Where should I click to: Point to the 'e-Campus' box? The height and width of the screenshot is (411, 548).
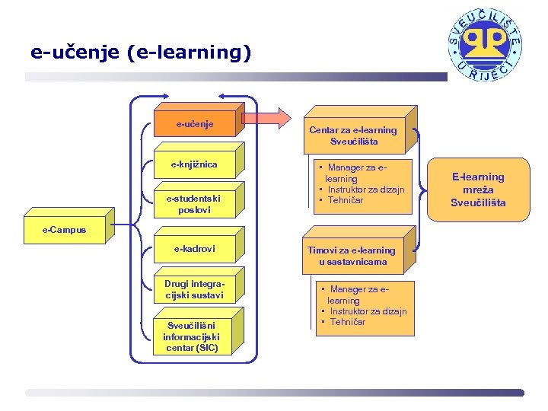[65, 230]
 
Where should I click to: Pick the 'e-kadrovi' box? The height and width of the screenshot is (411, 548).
[194, 249]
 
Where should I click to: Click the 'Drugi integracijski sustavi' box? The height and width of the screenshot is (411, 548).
[194, 290]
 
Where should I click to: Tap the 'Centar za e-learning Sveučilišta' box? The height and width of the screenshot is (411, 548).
[353, 135]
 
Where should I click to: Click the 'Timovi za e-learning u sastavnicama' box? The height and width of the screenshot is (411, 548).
[352, 256]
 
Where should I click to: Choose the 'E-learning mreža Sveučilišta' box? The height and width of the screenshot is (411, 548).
[478, 190]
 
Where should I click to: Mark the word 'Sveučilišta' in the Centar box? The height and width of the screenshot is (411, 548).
[354, 142]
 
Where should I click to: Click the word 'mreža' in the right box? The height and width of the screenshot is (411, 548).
[478, 190]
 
